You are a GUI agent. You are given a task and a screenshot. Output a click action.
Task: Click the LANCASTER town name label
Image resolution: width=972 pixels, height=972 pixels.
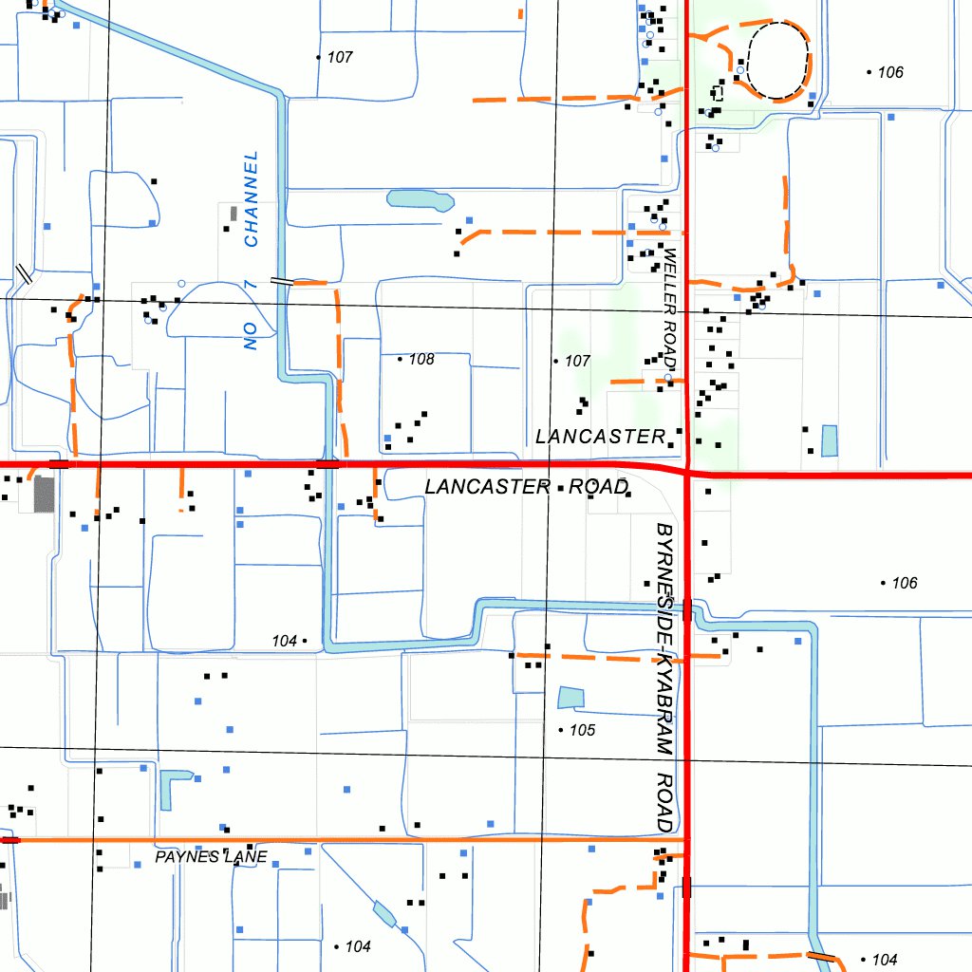point(600,436)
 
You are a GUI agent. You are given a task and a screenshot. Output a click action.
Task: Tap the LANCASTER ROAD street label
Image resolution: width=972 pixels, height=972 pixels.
point(527,487)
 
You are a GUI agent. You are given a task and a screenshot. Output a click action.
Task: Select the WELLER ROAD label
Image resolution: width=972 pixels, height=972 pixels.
point(669,308)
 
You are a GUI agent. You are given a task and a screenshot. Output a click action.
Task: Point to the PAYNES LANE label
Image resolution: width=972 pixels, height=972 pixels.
point(212,857)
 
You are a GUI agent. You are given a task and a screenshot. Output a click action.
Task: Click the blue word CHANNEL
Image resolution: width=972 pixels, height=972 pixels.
point(252,198)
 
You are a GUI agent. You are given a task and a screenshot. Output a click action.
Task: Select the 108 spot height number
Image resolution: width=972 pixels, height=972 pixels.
point(421,359)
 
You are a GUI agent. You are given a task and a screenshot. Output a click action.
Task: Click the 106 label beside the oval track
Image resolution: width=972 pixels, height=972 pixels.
point(889,72)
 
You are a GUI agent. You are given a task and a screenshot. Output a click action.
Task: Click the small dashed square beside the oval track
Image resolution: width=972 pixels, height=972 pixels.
point(718,93)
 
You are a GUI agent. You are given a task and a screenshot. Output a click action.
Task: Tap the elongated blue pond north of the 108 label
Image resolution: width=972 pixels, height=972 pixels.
point(420,199)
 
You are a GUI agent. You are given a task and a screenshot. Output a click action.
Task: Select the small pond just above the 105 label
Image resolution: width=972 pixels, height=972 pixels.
point(571,699)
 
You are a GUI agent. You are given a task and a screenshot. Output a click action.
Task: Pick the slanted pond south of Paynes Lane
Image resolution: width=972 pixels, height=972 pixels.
point(384,913)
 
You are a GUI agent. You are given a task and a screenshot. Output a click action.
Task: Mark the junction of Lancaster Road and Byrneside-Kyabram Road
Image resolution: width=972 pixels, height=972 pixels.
point(686,472)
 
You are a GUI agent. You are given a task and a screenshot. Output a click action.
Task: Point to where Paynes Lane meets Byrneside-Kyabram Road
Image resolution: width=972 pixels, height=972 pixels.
point(685,840)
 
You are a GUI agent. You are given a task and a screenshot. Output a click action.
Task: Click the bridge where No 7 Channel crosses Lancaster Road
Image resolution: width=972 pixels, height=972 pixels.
point(327,464)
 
